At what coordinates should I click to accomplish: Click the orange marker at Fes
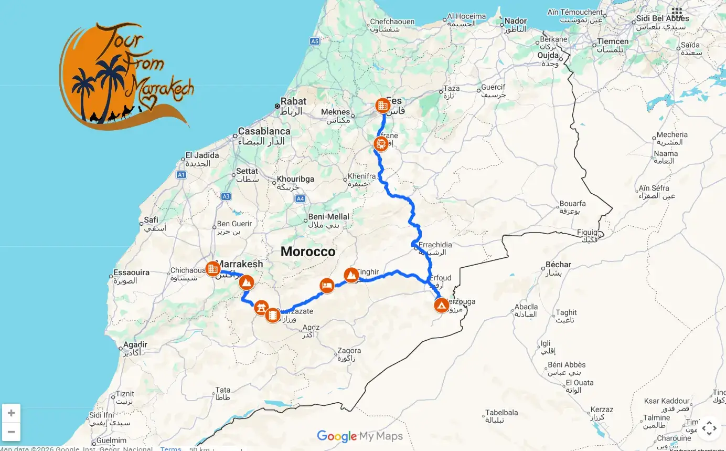click(x=383, y=106)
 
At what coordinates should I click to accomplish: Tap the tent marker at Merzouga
click(x=441, y=305)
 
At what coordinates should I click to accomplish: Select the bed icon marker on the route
click(x=327, y=286)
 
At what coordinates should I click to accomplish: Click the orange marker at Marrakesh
click(x=212, y=269)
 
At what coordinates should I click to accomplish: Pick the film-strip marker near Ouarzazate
click(x=272, y=315)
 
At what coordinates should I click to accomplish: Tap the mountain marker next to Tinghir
click(x=351, y=275)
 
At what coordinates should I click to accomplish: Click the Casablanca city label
click(x=264, y=131)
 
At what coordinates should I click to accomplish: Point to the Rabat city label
click(x=293, y=101)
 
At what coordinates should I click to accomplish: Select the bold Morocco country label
click(x=308, y=251)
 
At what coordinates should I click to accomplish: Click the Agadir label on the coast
click(x=135, y=345)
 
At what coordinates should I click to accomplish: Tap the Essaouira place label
click(x=132, y=272)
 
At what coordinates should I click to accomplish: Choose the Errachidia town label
click(x=435, y=245)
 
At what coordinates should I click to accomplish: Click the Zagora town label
click(x=349, y=351)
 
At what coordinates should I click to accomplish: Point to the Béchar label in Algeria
click(x=558, y=265)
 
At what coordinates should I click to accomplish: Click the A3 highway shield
click(x=226, y=196)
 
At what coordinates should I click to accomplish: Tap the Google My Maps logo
click(x=360, y=436)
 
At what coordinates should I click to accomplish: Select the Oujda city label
click(x=548, y=56)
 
